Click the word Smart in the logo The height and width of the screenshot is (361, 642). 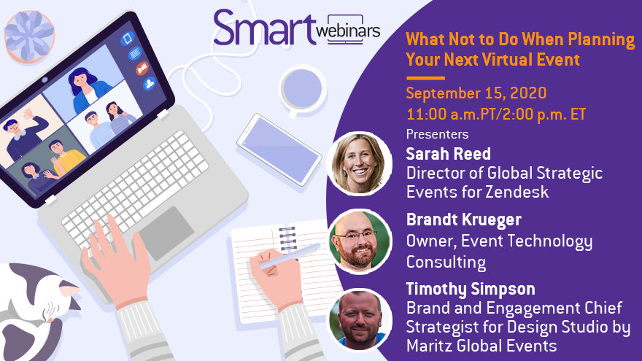tap(265, 28)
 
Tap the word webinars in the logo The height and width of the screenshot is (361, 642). tap(349, 31)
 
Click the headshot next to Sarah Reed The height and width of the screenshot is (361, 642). tap(360, 163)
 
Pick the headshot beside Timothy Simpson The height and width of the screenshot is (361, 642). tap(360, 320)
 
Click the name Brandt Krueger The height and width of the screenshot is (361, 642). tap(463, 220)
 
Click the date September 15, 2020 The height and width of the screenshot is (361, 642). tap(476, 93)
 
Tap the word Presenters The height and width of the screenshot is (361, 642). tap(437, 134)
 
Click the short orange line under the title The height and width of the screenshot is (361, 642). tap(425, 78)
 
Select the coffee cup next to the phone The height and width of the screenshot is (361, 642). tap(303, 90)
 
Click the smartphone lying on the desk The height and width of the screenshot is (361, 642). tap(279, 150)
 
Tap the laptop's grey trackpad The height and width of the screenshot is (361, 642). tap(166, 233)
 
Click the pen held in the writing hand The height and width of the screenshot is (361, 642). tap(290, 256)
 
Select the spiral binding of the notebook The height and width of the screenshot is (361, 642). tap(287, 238)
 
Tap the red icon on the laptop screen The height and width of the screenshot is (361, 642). tap(142, 69)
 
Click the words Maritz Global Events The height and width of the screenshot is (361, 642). tap(481, 346)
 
